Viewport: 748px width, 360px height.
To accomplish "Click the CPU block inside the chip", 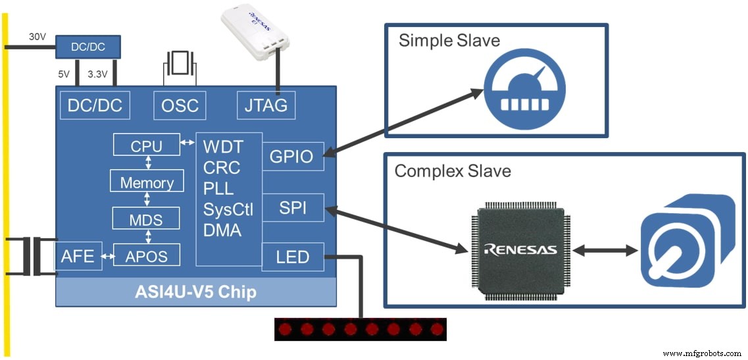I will click(x=146, y=145).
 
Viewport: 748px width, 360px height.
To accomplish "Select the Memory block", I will click(x=146, y=182).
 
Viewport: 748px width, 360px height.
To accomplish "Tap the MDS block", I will click(x=146, y=218).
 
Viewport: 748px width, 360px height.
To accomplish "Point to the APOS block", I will click(x=146, y=255).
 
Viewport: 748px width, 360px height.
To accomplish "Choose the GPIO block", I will click(x=293, y=156).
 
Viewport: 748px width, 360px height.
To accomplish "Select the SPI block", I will click(x=293, y=209).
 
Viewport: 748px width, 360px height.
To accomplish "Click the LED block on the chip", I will click(x=293, y=256).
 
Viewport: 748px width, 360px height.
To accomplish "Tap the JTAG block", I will click(x=266, y=105).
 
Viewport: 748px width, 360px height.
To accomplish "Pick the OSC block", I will click(x=180, y=105).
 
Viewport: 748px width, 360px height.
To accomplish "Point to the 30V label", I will click(x=37, y=38).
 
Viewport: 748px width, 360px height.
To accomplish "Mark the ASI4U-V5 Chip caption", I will click(x=195, y=292).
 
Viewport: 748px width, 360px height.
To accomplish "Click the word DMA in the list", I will click(x=222, y=230).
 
